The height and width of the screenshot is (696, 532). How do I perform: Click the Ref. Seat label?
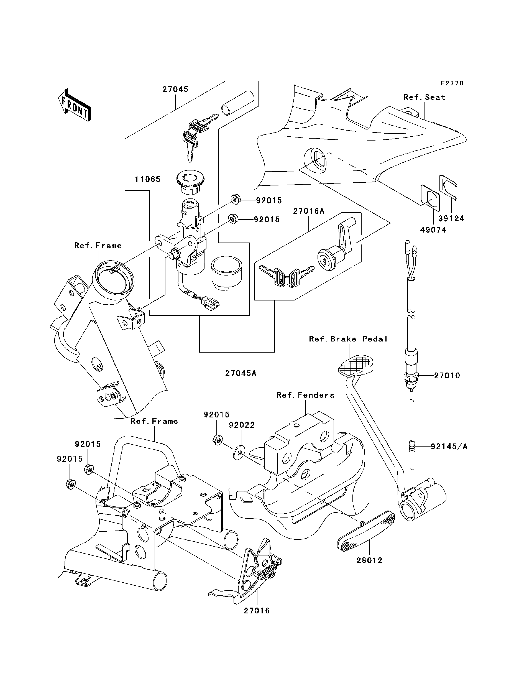[424, 98]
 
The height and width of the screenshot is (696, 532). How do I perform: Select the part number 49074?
[433, 230]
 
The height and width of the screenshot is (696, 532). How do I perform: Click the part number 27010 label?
[447, 376]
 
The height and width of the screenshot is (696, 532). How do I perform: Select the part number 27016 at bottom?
[257, 610]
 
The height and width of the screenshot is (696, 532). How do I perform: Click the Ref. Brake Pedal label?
[348, 339]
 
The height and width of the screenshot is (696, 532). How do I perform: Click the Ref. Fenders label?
[305, 395]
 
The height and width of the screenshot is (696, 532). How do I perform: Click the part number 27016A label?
[308, 211]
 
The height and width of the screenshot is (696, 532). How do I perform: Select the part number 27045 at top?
[175, 89]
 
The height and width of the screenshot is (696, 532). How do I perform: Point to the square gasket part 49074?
[430, 198]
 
